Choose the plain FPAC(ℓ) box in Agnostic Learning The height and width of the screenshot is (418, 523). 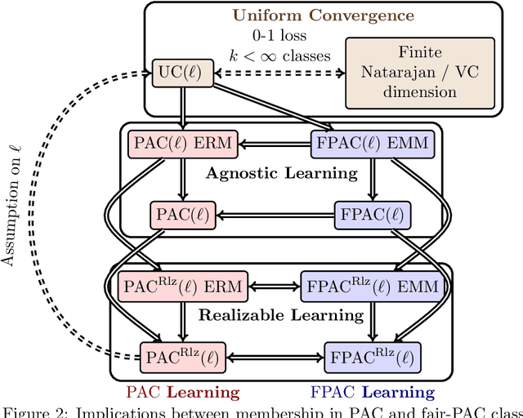(x=371, y=216)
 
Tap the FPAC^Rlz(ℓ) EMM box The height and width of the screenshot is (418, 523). (x=371, y=287)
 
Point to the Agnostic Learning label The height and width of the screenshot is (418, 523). (x=281, y=173)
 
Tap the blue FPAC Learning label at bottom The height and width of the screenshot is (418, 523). (x=374, y=392)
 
